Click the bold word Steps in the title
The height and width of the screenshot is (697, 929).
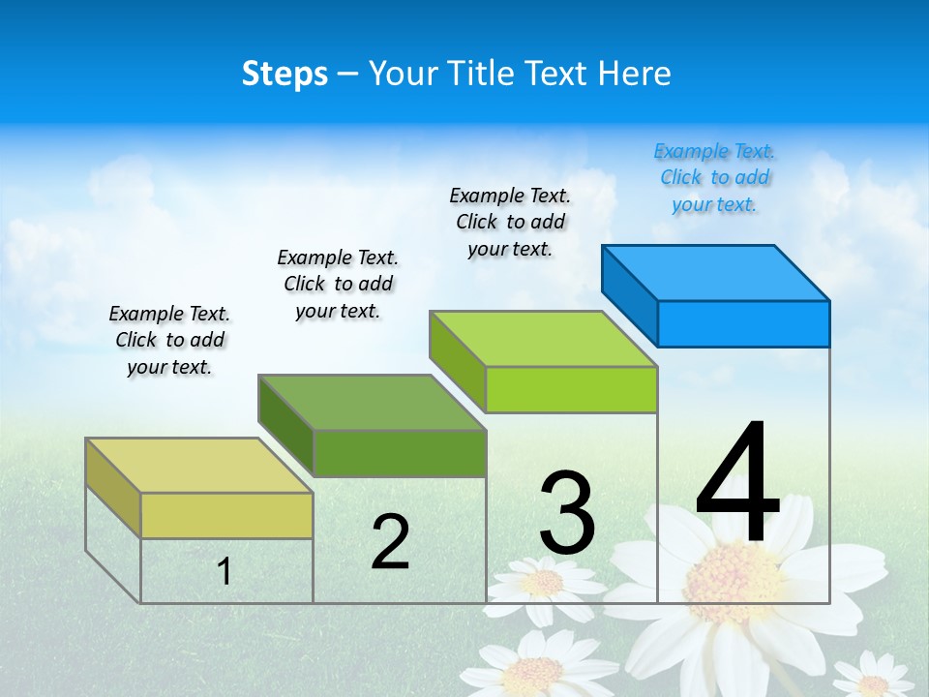285,74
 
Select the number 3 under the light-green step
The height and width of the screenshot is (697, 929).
567,513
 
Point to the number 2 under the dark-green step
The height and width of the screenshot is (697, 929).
390,542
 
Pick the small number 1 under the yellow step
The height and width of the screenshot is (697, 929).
224,572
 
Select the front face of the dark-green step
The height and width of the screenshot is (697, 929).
400,453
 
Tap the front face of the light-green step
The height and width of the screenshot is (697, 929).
571,389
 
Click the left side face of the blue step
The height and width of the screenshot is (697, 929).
629,295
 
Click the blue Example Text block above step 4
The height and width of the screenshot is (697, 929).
714,177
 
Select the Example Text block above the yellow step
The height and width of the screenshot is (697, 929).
169,340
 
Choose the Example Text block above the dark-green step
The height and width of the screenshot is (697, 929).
338,284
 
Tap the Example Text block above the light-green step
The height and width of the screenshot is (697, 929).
510,222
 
